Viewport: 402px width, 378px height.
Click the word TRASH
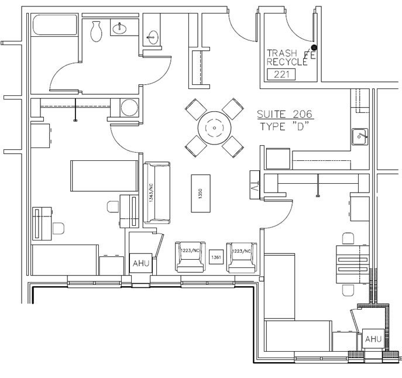(282, 53)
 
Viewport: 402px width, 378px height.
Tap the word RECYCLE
(287, 61)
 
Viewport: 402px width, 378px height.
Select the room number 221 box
(281, 74)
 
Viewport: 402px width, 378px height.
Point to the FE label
(310, 56)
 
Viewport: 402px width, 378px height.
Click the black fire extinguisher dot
(314, 47)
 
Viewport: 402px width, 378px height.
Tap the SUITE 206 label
(285, 115)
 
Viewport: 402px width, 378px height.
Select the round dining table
(214, 128)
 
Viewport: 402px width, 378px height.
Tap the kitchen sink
(360, 137)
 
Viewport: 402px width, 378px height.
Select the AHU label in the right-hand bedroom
(373, 339)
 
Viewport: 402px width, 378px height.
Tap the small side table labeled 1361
(217, 257)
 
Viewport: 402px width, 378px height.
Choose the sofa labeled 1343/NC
(157, 193)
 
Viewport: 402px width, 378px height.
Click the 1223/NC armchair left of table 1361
(191, 256)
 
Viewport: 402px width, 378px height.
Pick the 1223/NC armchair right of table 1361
(242, 256)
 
